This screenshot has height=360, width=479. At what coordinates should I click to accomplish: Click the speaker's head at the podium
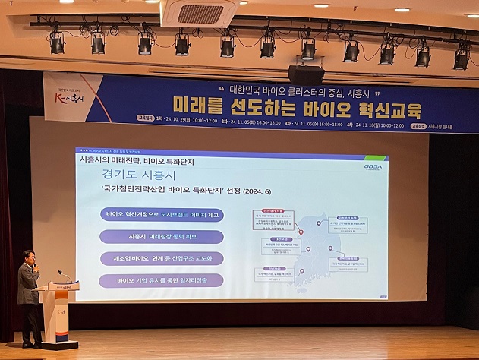28,258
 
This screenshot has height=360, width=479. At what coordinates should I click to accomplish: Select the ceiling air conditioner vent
200,13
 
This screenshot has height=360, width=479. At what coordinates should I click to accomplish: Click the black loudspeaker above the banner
306,74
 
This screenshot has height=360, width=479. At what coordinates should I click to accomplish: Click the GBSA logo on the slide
373,166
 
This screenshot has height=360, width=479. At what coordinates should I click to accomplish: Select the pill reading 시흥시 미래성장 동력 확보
162,237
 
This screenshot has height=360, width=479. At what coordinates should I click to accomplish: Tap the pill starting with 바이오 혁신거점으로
162,215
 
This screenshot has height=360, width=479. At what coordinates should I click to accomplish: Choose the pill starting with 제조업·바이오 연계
162,258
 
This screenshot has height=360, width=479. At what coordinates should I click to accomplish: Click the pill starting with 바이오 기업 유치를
162,280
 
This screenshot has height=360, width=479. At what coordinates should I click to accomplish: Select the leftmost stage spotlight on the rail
57,43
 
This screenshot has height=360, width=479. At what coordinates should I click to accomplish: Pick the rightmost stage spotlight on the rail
462,58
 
